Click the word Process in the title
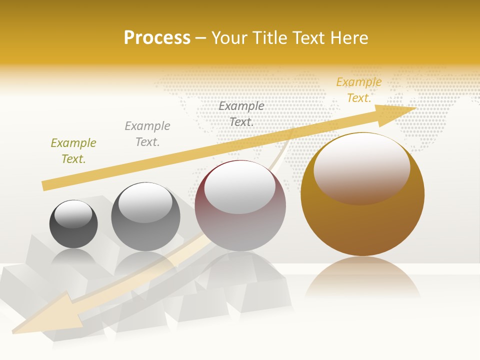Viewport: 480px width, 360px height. pos(157,38)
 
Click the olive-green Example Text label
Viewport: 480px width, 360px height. pos(73,151)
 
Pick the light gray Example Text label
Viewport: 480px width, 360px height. pos(147,134)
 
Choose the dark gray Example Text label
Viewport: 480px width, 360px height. pos(241,114)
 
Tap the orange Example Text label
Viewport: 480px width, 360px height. pos(358,90)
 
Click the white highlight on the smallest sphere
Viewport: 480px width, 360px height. pos(73,214)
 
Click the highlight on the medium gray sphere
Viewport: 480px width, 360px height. pos(145,202)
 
